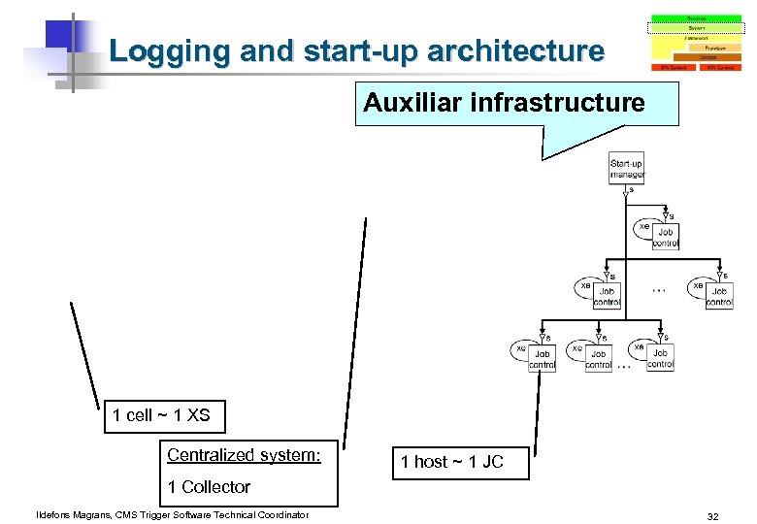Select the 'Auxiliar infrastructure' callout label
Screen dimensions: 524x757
click(x=504, y=103)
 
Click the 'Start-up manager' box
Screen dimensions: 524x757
click(x=626, y=170)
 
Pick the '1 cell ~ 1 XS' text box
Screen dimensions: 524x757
click(x=161, y=415)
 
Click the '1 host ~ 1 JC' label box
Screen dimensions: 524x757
click(x=452, y=462)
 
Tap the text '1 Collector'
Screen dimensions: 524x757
click(x=209, y=487)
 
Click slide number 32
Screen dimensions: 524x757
click(x=712, y=516)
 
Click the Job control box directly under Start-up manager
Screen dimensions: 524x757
click(x=666, y=237)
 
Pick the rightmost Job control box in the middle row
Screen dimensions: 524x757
click(x=719, y=296)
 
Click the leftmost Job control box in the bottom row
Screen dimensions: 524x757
click(x=543, y=359)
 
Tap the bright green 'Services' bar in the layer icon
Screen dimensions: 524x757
click(x=696, y=17)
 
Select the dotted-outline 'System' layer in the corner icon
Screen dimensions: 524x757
click(x=696, y=27)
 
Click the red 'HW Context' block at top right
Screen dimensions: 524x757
click(x=673, y=68)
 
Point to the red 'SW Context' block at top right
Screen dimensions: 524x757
click(x=720, y=68)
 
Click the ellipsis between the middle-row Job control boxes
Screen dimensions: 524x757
click(x=659, y=289)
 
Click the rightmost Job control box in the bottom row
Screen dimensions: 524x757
click(x=660, y=359)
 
